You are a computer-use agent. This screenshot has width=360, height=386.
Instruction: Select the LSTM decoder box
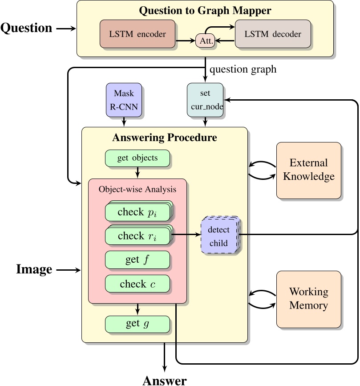click(x=273, y=34)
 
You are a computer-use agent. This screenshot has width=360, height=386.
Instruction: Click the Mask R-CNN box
click(x=124, y=100)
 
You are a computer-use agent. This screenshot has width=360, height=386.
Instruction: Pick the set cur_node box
click(x=205, y=100)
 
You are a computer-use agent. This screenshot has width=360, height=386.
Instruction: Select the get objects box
click(x=138, y=158)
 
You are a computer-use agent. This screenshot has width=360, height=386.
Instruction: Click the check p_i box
click(x=138, y=212)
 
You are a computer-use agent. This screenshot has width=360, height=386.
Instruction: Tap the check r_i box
click(x=138, y=236)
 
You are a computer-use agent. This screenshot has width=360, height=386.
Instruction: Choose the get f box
click(x=138, y=260)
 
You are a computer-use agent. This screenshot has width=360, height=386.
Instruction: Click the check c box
click(x=138, y=284)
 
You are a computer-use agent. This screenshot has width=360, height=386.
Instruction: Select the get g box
click(x=138, y=324)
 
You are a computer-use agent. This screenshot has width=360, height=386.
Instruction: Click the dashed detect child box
click(x=219, y=236)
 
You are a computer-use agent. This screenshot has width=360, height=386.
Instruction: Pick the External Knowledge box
click(x=309, y=170)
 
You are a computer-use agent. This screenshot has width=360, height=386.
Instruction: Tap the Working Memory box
click(x=309, y=299)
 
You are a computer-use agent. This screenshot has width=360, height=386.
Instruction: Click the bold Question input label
click(x=27, y=28)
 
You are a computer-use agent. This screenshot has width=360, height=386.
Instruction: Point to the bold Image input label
click(x=34, y=269)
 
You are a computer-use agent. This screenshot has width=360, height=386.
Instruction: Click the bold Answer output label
click(x=165, y=380)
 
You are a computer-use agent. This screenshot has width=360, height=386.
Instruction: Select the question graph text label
click(x=243, y=69)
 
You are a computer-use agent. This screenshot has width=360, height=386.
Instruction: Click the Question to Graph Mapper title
click(x=205, y=10)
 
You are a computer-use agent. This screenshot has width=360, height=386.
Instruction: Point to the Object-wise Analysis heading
click(x=138, y=189)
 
